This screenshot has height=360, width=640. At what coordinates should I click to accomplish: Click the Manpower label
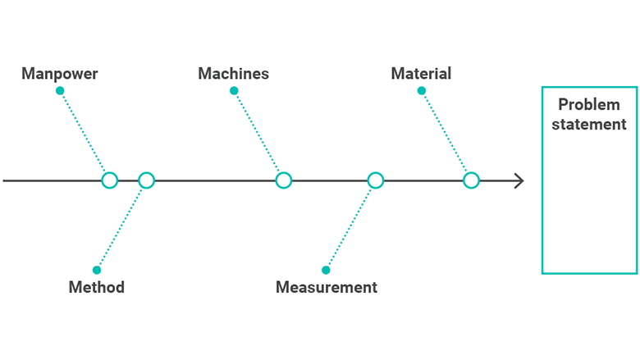60,74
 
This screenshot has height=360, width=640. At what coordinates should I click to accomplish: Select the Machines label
234,74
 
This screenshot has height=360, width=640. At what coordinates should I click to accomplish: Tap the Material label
421,74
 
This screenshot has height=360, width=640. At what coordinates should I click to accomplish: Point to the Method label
96,287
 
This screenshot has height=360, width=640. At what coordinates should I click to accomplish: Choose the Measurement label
327,287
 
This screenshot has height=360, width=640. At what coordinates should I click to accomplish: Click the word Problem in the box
589,104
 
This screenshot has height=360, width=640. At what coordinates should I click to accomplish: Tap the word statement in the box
589,124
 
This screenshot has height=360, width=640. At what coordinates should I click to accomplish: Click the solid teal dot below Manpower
60,90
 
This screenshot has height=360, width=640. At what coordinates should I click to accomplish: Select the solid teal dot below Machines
234,90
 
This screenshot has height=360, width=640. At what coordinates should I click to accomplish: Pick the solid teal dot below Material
422,90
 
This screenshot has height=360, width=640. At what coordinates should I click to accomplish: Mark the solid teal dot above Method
97,270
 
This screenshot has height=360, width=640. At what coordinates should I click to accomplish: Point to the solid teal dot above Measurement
326,270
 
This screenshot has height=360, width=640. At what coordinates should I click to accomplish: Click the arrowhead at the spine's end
523,180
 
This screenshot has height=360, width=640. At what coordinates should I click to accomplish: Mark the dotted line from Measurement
349,228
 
